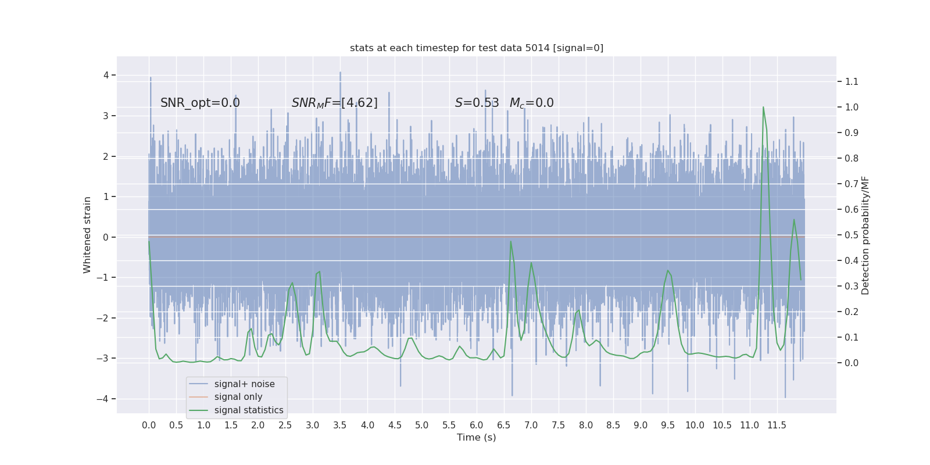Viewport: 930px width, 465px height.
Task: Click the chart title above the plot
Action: (x=476, y=48)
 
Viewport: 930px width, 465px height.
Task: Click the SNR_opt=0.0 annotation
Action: (x=200, y=103)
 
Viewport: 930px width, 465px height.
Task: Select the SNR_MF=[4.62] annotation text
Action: (x=334, y=103)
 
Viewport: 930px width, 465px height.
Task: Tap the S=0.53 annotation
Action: (x=477, y=103)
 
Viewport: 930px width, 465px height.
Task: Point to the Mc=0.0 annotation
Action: (x=531, y=103)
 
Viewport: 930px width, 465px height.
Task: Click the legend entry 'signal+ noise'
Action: (x=244, y=384)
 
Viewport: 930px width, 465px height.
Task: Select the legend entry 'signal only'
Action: (x=238, y=397)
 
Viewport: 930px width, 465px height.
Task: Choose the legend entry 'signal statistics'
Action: (x=249, y=410)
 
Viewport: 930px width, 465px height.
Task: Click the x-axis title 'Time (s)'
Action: (x=476, y=437)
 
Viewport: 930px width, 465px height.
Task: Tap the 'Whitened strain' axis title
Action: (x=87, y=235)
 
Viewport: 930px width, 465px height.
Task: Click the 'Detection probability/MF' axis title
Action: (x=865, y=235)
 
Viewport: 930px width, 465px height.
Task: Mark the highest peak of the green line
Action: (x=763, y=107)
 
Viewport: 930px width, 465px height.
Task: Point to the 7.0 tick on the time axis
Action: (x=531, y=425)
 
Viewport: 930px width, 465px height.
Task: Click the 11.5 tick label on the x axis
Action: (x=777, y=425)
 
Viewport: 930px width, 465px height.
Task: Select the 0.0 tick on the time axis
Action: (x=149, y=425)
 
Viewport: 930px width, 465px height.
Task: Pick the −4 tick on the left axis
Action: (x=102, y=399)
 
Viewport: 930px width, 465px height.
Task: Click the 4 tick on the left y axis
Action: (x=106, y=75)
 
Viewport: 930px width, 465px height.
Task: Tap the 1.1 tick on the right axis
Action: (x=852, y=81)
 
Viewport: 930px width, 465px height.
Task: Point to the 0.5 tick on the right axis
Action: (x=852, y=235)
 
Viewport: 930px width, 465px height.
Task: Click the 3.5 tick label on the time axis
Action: (x=340, y=425)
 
